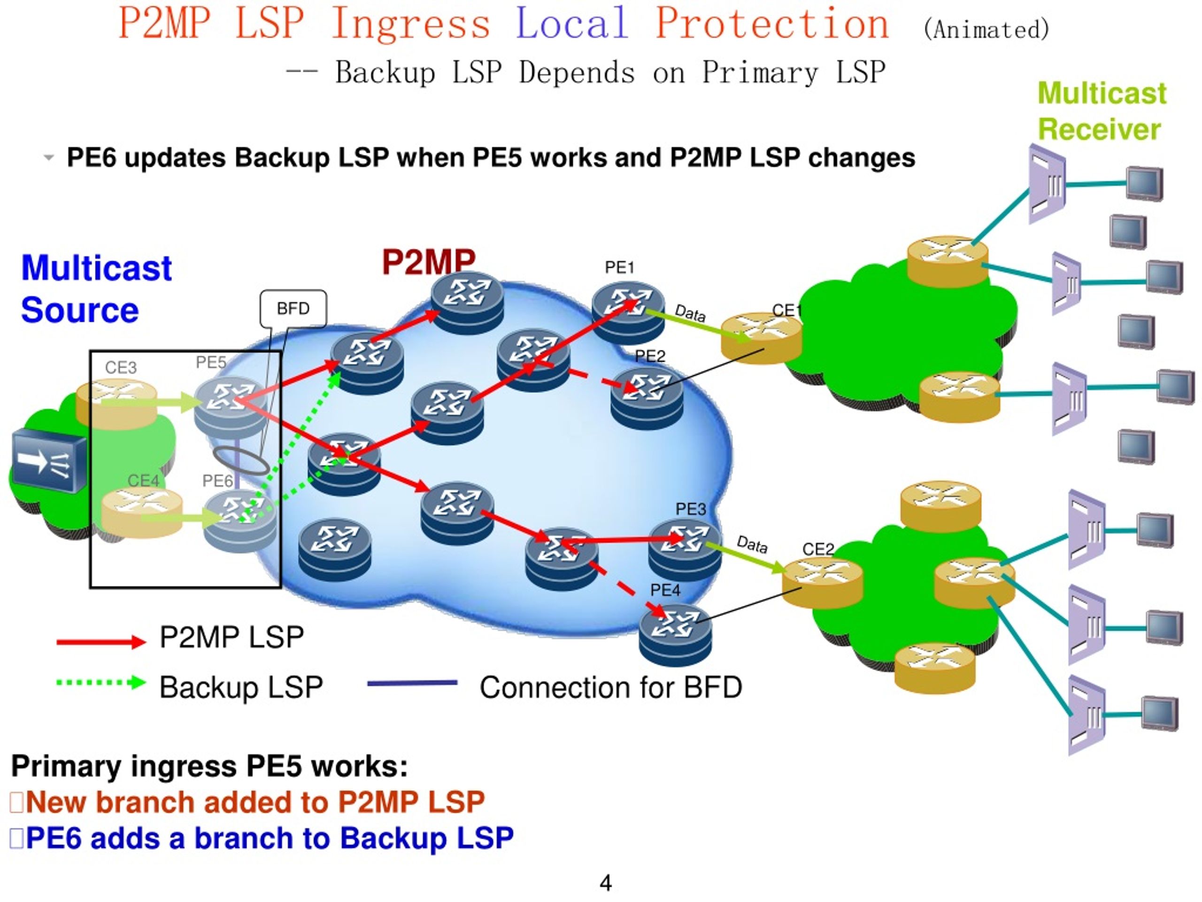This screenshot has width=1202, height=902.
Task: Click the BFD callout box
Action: [x=293, y=308]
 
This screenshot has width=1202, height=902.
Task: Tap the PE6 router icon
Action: [x=239, y=521]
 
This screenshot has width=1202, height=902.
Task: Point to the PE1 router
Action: [x=628, y=312]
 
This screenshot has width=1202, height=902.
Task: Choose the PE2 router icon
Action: [x=647, y=398]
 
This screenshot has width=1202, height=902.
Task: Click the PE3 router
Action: [x=685, y=550]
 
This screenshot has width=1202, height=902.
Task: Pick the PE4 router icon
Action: [x=675, y=635]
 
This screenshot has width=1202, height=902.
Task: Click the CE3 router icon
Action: [x=116, y=405]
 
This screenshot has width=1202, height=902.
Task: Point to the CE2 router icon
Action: [x=822, y=583]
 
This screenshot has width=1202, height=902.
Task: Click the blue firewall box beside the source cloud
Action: [x=49, y=460]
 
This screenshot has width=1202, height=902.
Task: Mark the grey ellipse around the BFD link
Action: [x=241, y=460]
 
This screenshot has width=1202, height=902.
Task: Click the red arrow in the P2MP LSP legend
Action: [x=101, y=642]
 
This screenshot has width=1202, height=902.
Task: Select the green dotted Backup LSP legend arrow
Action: [x=101, y=682]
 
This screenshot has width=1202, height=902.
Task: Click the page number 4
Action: [x=606, y=882]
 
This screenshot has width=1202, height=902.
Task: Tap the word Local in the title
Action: [x=572, y=23]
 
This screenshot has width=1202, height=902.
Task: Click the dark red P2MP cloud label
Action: [x=429, y=262]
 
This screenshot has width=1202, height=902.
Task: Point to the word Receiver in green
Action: [x=1099, y=129]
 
